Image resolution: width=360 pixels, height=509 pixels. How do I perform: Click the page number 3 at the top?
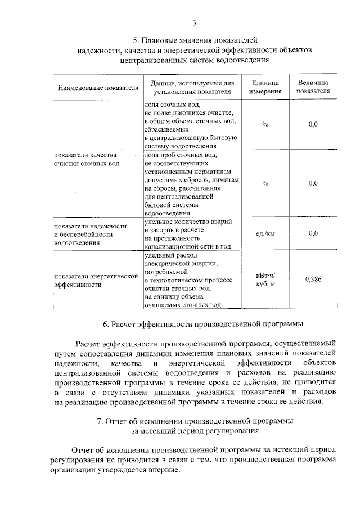tap(193, 22)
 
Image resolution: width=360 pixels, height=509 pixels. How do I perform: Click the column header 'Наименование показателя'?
tap(97, 87)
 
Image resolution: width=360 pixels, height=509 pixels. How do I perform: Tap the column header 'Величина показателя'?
tap(313, 87)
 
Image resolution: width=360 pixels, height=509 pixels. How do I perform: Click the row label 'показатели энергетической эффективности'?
tap(96, 280)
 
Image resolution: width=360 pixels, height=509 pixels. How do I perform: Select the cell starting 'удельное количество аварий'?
tap(188, 233)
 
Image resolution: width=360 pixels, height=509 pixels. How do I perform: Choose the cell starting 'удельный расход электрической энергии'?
tap(188, 280)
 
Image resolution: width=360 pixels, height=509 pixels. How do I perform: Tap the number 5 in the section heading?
tap(135, 40)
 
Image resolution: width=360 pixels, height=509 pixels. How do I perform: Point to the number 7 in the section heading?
tap(100, 421)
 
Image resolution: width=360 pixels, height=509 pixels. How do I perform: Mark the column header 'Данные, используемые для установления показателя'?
tap(192, 87)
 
